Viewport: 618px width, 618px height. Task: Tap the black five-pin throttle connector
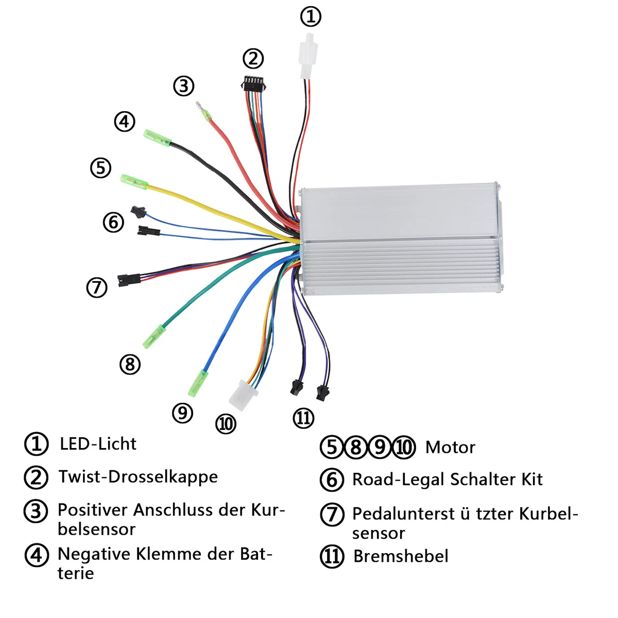click(x=254, y=84)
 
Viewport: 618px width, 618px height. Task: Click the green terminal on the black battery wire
click(x=157, y=138)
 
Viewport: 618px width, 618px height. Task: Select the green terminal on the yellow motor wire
click(x=134, y=181)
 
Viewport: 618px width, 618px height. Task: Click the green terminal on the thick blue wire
click(x=198, y=383)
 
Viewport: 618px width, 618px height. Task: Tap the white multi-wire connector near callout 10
click(x=243, y=395)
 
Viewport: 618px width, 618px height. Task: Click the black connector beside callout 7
click(x=129, y=280)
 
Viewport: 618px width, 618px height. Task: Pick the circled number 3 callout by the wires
click(x=184, y=86)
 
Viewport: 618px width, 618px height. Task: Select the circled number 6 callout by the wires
click(x=113, y=222)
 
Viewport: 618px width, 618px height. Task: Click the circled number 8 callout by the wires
click(x=130, y=364)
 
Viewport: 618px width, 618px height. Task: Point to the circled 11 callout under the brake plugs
click(x=303, y=418)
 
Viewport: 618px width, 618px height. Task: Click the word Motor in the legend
click(x=450, y=448)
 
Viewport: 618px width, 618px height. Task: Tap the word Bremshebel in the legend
click(x=401, y=556)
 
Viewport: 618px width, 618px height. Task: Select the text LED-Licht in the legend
click(x=98, y=444)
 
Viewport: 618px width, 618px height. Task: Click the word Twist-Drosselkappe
click(x=138, y=476)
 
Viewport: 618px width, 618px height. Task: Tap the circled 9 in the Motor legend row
click(x=380, y=448)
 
